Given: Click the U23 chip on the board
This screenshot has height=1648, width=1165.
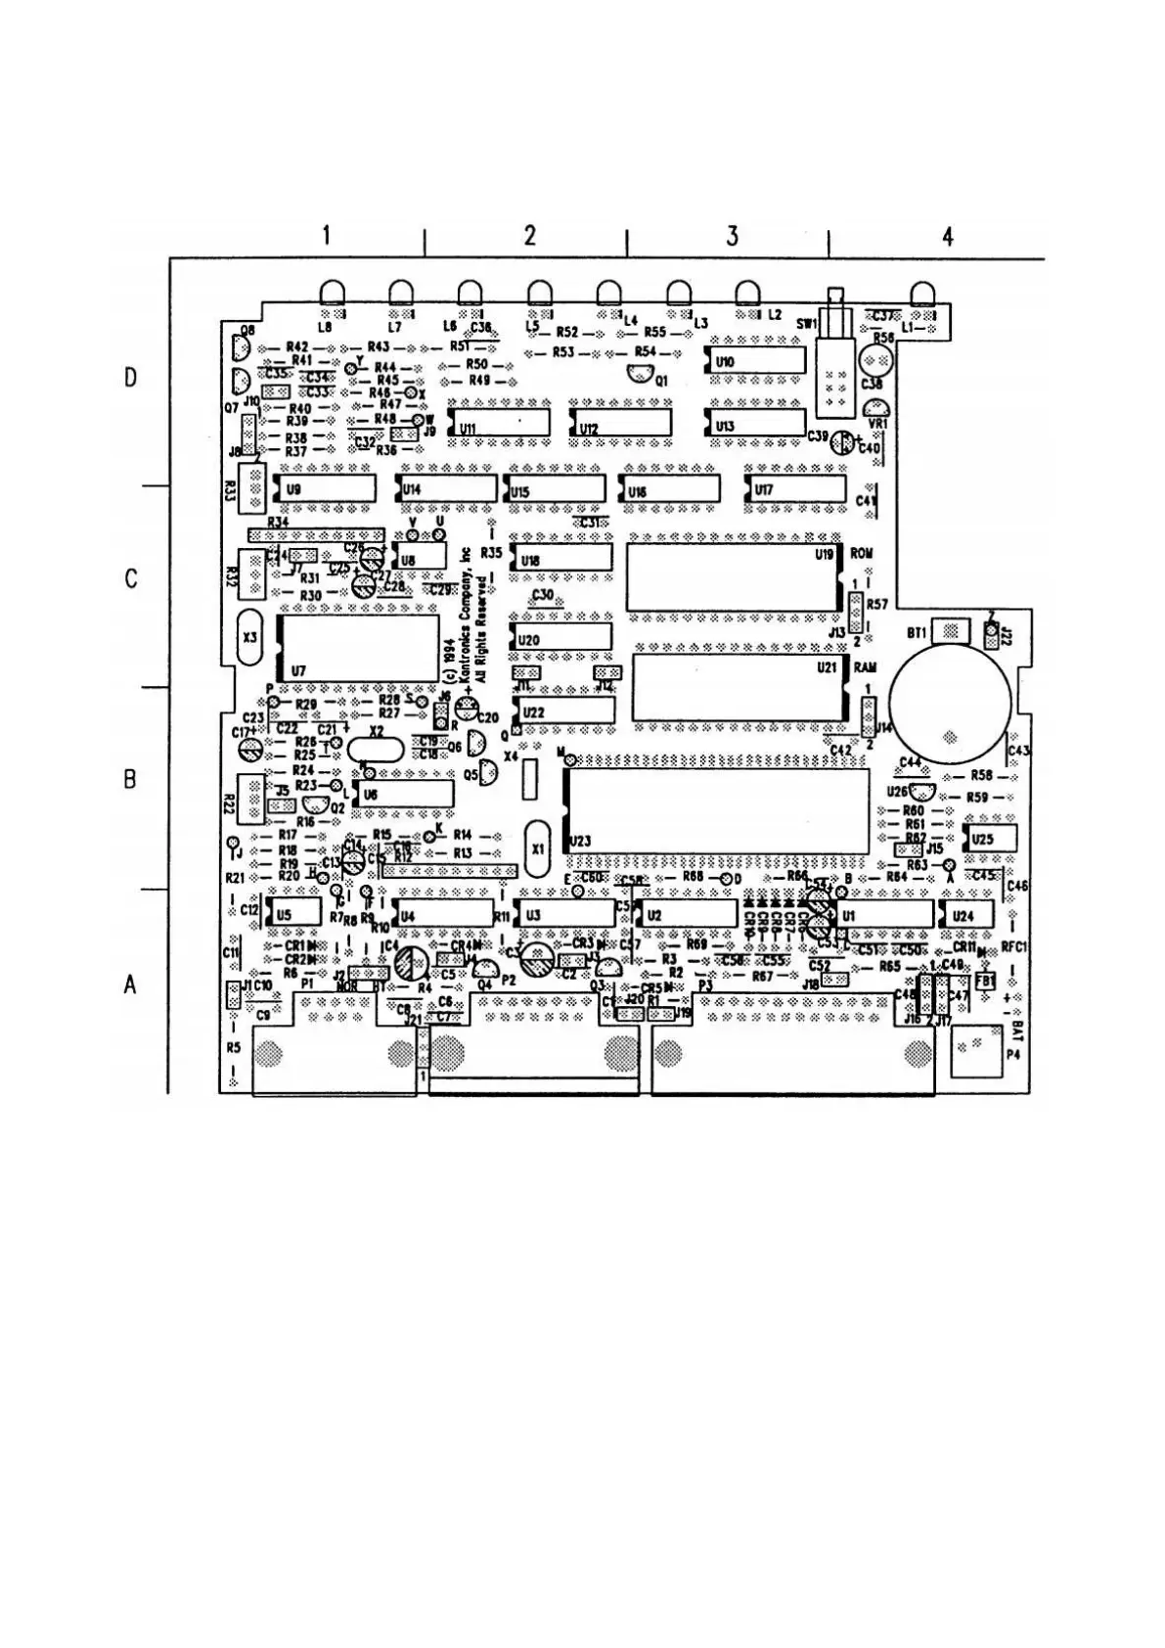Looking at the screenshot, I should click(x=717, y=811).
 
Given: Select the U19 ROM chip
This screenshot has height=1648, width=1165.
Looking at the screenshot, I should click(x=733, y=575).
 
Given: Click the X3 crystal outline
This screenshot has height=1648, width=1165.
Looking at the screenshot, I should click(x=250, y=636).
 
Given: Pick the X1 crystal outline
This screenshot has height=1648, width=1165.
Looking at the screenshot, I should click(x=536, y=847).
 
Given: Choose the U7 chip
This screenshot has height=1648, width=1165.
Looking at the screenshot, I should click(x=358, y=648).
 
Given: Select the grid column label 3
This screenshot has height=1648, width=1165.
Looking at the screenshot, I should click(x=733, y=236).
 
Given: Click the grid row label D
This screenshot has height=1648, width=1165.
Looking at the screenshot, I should click(x=130, y=378).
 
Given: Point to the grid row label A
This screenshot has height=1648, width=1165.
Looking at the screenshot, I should click(x=130, y=985).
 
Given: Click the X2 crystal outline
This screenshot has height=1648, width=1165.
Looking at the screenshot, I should click(x=378, y=750).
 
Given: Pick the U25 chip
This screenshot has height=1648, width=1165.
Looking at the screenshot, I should click(x=990, y=839).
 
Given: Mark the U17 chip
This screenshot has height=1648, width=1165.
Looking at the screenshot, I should click(x=795, y=488).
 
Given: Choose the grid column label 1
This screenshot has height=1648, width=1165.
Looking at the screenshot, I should click(x=326, y=236).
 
